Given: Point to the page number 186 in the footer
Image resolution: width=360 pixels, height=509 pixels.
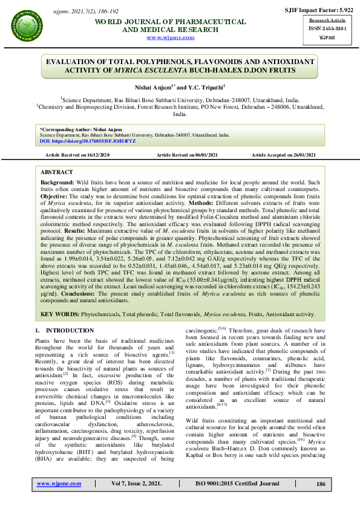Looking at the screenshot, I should [321, 484].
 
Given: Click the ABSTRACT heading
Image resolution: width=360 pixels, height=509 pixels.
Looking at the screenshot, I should [56, 172].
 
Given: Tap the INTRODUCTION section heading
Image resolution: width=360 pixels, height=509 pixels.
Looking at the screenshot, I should [60, 331].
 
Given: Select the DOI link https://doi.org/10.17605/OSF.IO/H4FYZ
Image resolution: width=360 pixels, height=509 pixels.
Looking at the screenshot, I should [87, 141].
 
